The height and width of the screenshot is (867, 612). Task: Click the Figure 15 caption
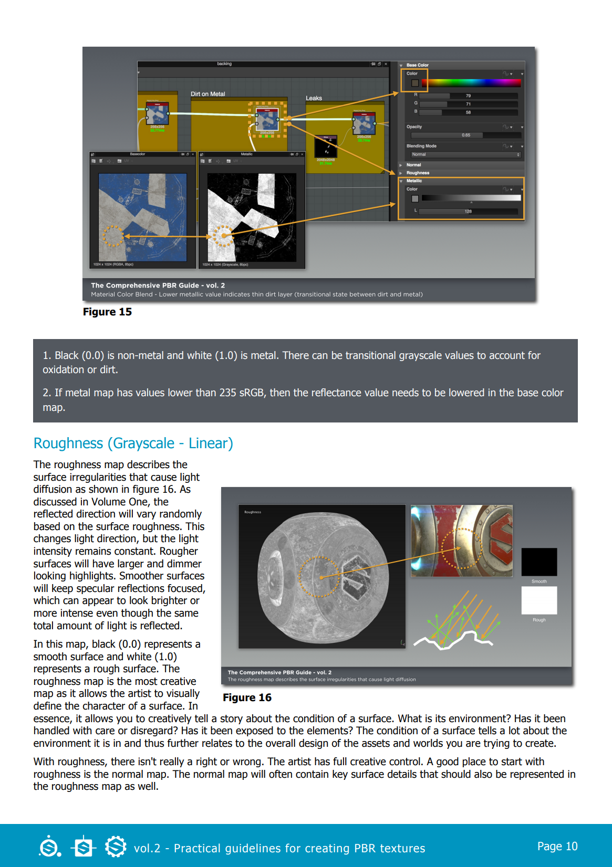(107, 312)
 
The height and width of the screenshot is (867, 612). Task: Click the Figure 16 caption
(247, 697)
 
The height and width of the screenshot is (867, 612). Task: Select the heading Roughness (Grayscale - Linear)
(133, 443)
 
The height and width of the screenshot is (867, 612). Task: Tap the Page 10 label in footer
(557, 846)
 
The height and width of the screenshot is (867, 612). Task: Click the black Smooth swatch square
(539, 562)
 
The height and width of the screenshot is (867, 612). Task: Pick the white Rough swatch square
(539, 600)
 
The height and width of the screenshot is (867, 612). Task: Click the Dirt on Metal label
(208, 94)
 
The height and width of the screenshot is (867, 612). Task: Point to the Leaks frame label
(314, 98)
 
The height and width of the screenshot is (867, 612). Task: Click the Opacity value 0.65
(466, 135)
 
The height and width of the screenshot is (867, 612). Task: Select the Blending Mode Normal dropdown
(465, 155)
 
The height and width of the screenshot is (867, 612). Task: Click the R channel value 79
(468, 96)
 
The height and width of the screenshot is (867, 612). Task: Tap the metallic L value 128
(468, 212)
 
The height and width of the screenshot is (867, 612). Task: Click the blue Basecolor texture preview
(142, 217)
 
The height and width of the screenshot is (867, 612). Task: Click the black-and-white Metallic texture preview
(252, 217)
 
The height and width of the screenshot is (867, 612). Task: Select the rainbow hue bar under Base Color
(471, 83)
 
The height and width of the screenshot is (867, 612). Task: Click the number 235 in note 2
(227, 393)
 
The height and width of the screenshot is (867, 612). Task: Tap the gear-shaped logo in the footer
(116, 846)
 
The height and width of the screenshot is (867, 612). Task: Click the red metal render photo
(461, 541)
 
